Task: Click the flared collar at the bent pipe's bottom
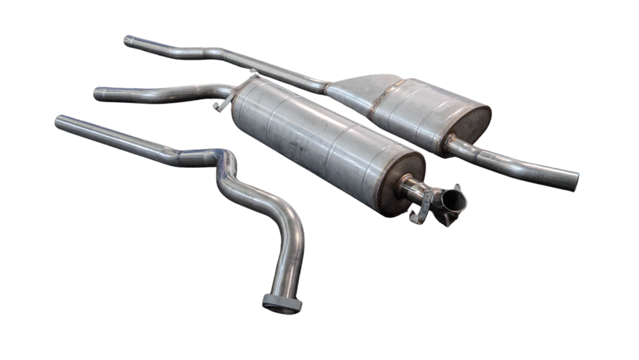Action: click(x=282, y=303)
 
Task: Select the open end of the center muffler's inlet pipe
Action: click(x=98, y=94)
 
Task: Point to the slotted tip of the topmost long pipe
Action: click(x=129, y=41)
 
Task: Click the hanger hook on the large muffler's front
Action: click(x=218, y=106)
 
